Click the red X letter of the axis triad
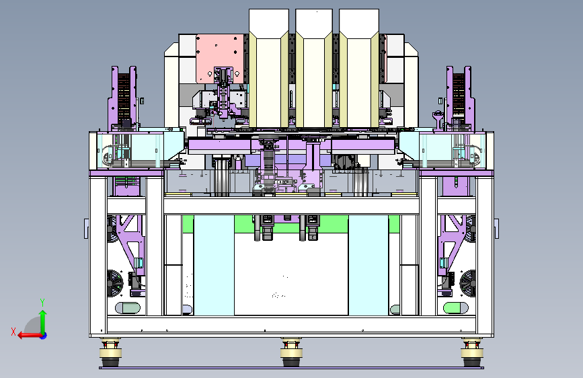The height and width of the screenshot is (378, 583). (13, 332)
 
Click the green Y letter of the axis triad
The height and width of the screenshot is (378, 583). (42, 303)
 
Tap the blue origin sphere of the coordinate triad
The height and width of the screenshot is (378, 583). (44, 336)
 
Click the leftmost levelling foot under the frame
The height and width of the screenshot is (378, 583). (110, 353)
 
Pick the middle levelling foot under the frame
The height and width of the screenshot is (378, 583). (291, 353)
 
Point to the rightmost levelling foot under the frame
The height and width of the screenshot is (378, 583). (472, 353)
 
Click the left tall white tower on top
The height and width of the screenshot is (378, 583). (269, 68)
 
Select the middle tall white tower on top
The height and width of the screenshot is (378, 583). (314, 68)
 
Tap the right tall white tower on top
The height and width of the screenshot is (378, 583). (359, 68)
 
